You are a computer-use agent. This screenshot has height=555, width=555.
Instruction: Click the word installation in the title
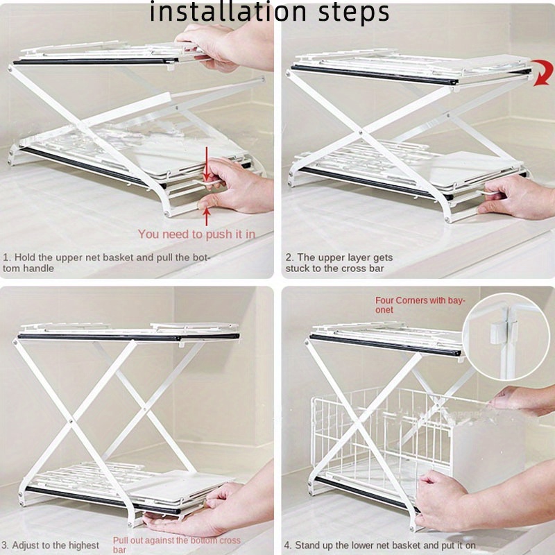[x=228, y=12]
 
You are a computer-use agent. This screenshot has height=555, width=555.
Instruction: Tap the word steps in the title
[x=354, y=13]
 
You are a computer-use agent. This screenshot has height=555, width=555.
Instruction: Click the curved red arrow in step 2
[x=544, y=72]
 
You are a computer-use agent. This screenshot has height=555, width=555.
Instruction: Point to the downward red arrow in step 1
[x=207, y=164]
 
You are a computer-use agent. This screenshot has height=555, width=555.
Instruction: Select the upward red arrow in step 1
[x=207, y=216]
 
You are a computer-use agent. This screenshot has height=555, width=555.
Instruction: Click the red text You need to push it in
[x=196, y=234]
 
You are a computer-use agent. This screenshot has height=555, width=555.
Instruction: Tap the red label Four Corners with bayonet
[x=420, y=305]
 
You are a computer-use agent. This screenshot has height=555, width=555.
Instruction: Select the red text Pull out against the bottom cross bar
[x=177, y=545]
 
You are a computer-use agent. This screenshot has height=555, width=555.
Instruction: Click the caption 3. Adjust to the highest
[x=50, y=545]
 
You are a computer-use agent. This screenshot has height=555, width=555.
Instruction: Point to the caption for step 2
[x=339, y=263]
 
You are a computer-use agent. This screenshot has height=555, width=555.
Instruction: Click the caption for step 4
[x=379, y=545]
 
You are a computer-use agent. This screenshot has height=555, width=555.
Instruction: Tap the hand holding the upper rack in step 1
[x=227, y=45]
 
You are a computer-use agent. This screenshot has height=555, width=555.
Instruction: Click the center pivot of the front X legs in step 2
[x=360, y=133]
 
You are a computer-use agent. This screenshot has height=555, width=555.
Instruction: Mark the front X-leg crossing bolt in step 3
[x=71, y=421]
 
